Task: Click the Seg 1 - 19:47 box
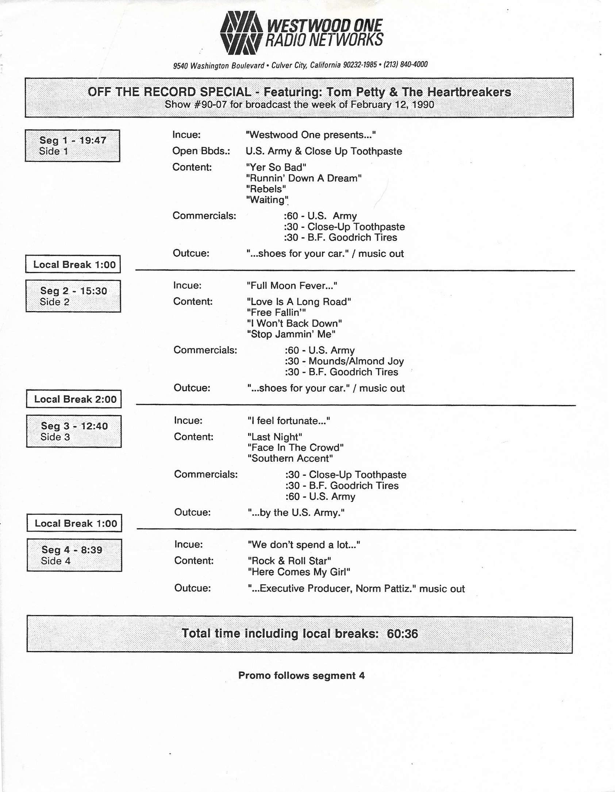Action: (x=73, y=146)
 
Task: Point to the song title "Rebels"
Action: (x=266, y=189)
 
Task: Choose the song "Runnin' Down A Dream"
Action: (x=304, y=178)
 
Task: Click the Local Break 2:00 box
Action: (x=74, y=399)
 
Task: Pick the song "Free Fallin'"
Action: (x=276, y=312)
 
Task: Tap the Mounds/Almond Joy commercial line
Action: (x=344, y=361)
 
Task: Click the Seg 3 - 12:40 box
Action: (x=74, y=431)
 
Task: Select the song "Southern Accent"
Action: (x=290, y=458)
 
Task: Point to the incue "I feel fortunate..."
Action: (x=288, y=421)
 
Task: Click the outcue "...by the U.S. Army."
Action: (x=296, y=512)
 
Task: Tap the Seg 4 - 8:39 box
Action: (x=74, y=555)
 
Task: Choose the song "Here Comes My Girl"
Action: (x=299, y=572)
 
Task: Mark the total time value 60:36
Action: (x=402, y=634)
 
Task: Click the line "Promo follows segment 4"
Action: (x=301, y=676)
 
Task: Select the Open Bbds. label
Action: (x=201, y=151)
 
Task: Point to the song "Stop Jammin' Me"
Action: (x=291, y=334)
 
